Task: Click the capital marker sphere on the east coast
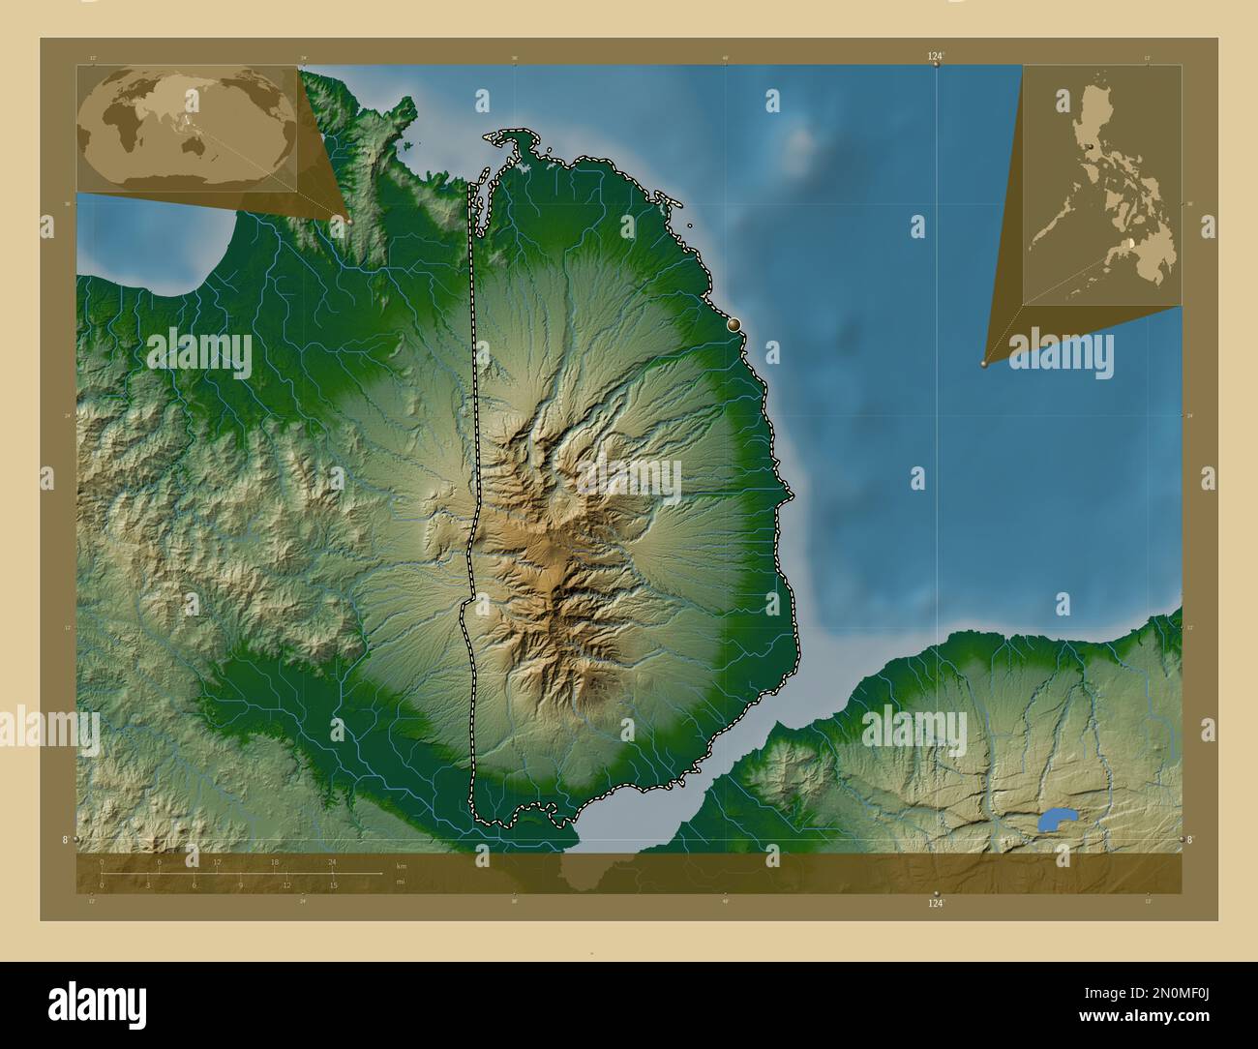[x=734, y=325]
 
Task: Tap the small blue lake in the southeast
[x=1057, y=820]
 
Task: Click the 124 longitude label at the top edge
[x=934, y=57]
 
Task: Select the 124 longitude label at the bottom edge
[x=934, y=903]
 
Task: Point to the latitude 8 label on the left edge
[x=66, y=840]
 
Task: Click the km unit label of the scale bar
[x=401, y=865]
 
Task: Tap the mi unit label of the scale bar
[x=401, y=882]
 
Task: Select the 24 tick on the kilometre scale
[x=332, y=861]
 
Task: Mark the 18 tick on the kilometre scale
[x=275, y=861]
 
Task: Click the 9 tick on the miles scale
[x=240, y=885]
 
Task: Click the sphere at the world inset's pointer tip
[x=348, y=221]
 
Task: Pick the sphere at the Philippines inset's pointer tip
[x=984, y=364]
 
